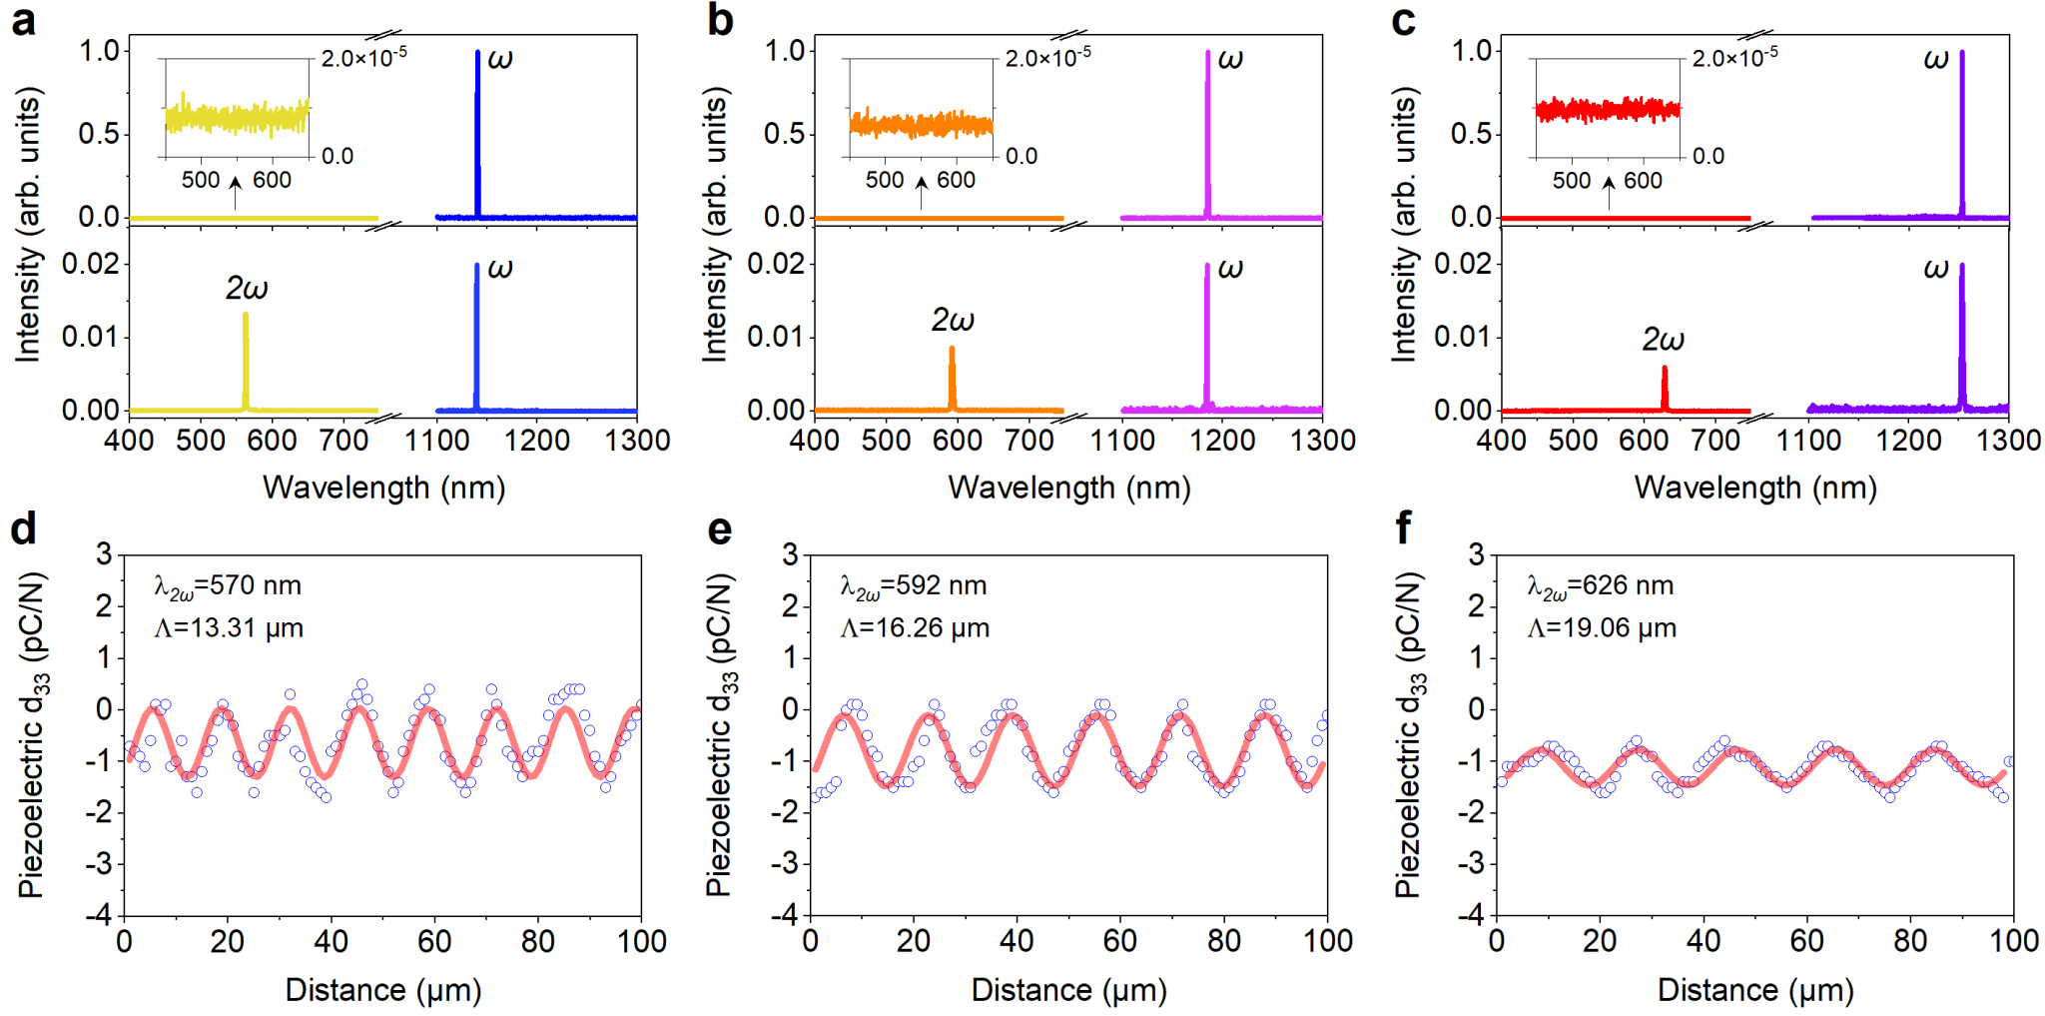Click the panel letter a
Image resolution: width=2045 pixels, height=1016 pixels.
click(x=23, y=21)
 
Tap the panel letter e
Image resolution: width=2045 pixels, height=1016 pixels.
click(x=719, y=529)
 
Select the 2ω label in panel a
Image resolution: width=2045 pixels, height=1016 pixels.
click(x=246, y=289)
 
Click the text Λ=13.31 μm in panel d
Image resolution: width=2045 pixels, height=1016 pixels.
click(x=229, y=628)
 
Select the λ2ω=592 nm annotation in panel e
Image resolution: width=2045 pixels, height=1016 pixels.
click(x=913, y=586)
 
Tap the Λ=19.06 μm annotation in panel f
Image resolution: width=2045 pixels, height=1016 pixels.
click(x=1602, y=628)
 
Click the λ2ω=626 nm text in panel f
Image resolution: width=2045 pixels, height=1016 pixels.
click(x=1600, y=586)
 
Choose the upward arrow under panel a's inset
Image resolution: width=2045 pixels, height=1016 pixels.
click(x=236, y=193)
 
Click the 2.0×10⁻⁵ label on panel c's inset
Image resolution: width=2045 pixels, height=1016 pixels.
click(x=1734, y=58)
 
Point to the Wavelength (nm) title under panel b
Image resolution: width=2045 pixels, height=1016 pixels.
click(x=1069, y=489)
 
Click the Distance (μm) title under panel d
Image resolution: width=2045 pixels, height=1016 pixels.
click(x=383, y=990)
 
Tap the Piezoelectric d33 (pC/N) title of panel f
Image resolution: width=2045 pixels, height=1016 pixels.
click(x=1409, y=734)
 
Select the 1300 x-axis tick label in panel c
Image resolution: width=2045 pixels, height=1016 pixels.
click(x=2008, y=441)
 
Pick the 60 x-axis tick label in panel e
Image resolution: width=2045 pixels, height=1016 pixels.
click(x=1120, y=941)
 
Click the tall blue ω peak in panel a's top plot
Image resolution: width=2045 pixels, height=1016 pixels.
click(x=477, y=130)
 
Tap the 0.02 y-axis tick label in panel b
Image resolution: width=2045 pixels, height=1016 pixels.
click(x=775, y=264)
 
